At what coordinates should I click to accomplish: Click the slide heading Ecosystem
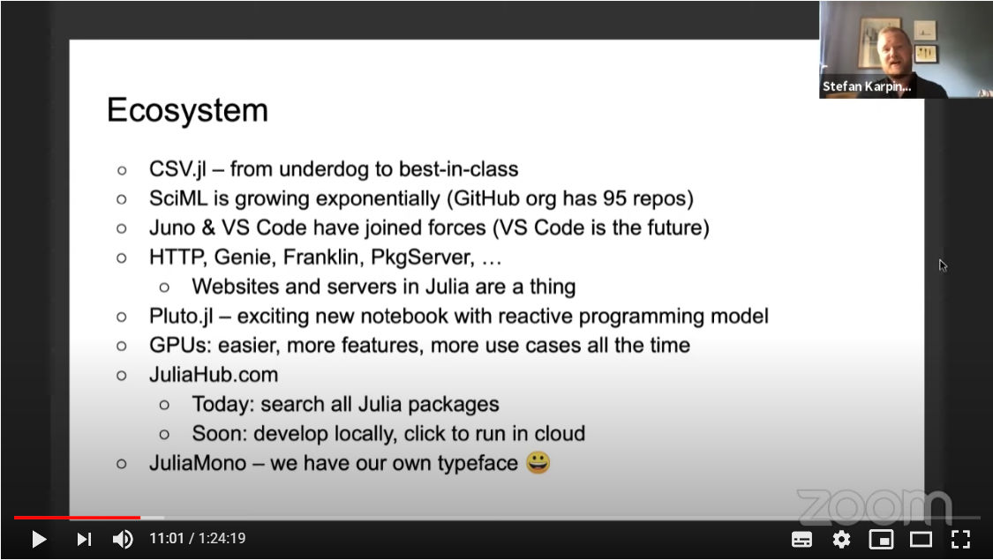click(187, 111)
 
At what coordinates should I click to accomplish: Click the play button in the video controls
click(39, 539)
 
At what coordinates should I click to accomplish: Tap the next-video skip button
click(84, 539)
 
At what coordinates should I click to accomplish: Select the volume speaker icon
click(123, 539)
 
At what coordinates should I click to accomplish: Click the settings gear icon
click(841, 539)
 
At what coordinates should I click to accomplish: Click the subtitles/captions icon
click(801, 539)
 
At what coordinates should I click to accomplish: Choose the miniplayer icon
click(881, 539)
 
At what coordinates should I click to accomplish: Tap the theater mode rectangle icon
click(921, 539)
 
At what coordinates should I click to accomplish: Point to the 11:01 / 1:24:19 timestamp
click(198, 539)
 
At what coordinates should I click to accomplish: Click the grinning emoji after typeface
click(538, 463)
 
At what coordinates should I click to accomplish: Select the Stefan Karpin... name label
click(867, 86)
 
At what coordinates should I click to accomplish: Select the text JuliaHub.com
click(214, 375)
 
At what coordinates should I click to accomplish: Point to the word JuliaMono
click(198, 463)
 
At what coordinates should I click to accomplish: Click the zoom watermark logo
click(874, 506)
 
